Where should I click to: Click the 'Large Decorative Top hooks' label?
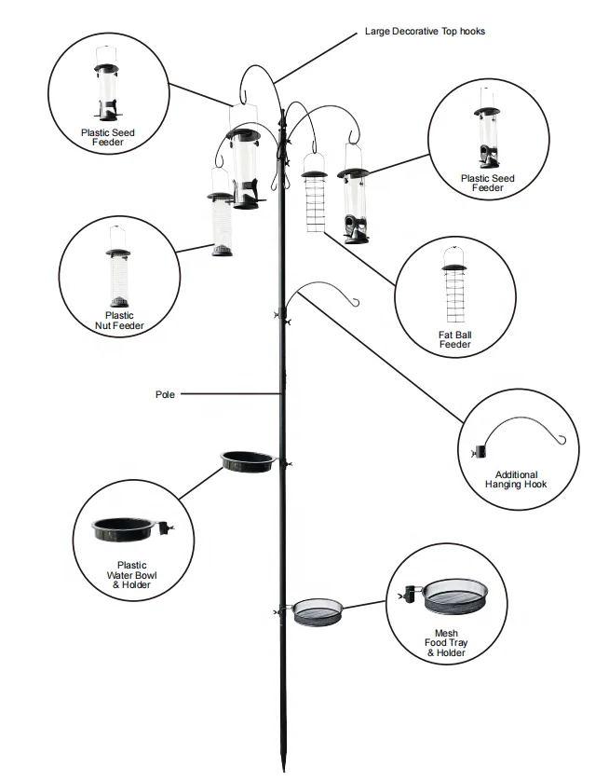click(425, 32)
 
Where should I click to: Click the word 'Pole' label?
click(165, 394)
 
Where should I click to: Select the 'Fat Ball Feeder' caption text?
click(455, 339)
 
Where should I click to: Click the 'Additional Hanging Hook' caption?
click(516, 480)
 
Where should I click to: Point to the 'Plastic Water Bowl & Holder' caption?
click(131, 574)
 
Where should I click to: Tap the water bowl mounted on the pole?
click(247, 460)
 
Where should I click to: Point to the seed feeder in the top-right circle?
click(487, 130)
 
